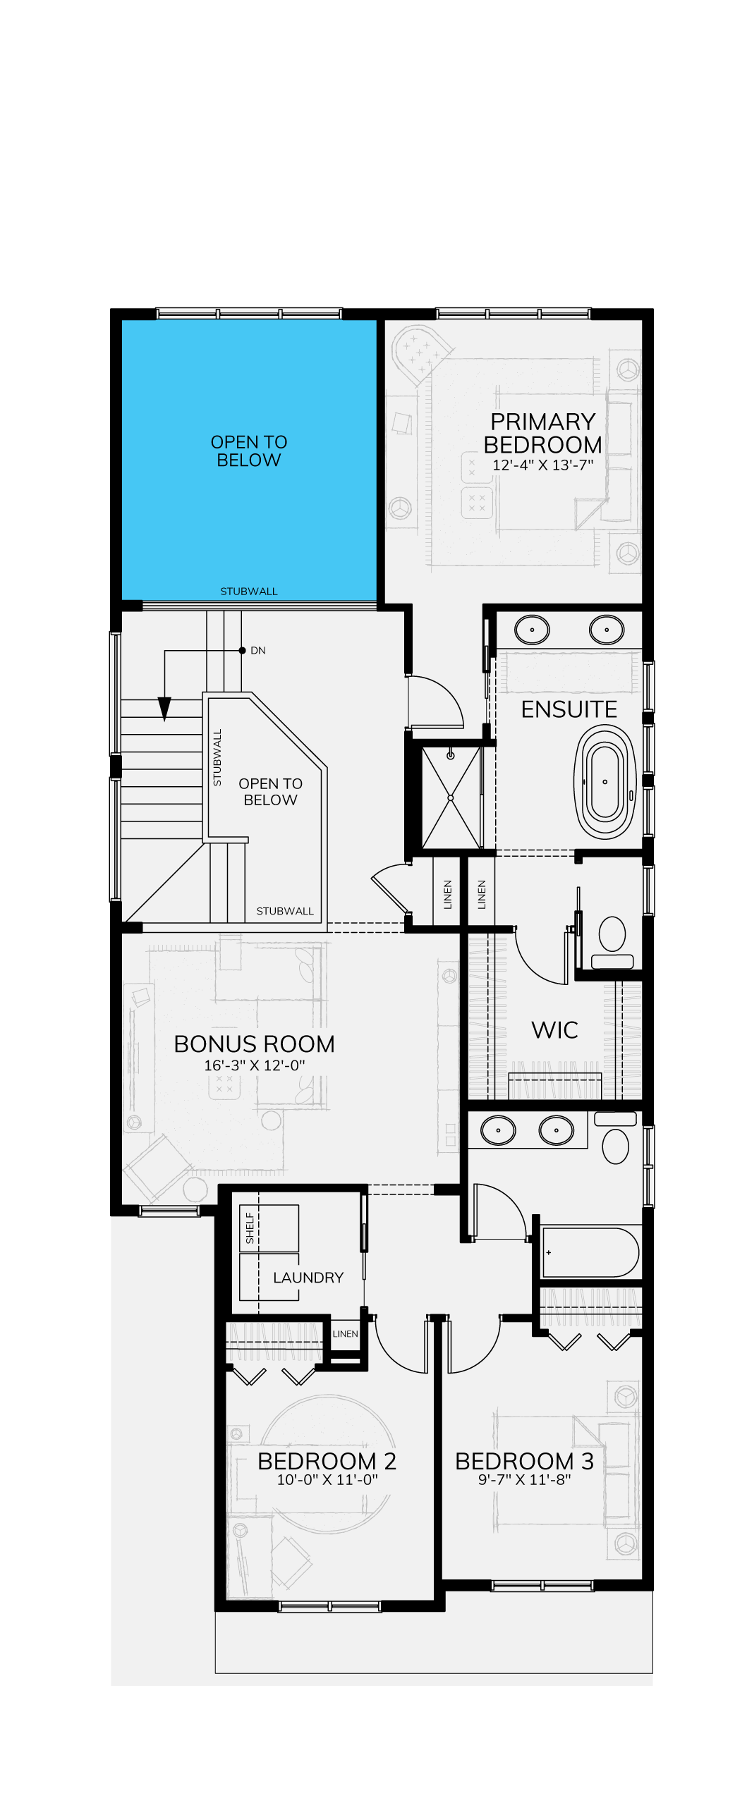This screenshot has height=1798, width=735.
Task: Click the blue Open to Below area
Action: tap(249, 460)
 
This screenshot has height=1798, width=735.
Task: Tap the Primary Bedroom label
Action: tap(542, 433)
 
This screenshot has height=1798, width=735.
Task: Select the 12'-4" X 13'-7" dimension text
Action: tap(542, 465)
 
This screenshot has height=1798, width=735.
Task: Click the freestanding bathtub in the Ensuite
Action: tap(605, 781)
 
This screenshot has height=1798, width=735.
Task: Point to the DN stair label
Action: tap(258, 650)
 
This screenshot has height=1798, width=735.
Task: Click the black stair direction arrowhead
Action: tap(164, 709)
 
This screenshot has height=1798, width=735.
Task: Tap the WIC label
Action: tap(554, 1030)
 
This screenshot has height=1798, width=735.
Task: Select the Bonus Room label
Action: tap(254, 1044)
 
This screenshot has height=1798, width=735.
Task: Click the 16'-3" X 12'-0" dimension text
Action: tap(254, 1065)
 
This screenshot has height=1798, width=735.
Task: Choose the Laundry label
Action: tap(308, 1278)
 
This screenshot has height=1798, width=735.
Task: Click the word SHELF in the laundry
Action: tap(250, 1228)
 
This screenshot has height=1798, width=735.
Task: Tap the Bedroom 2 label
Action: tap(327, 1462)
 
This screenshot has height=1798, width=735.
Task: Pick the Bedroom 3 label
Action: tap(524, 1462)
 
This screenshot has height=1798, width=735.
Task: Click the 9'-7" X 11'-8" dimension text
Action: tap(524, 1480)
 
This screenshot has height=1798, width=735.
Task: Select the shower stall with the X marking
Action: tap(451, 797)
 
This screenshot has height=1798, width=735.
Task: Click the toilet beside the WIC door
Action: tap(612, 942)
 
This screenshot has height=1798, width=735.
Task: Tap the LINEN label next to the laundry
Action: tap(345, 1334)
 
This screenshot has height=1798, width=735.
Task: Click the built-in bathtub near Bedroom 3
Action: tap(590, 1252)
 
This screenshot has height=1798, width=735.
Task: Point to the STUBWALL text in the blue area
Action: tap(249, 592)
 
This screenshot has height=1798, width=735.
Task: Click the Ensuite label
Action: tap(569, 709)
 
